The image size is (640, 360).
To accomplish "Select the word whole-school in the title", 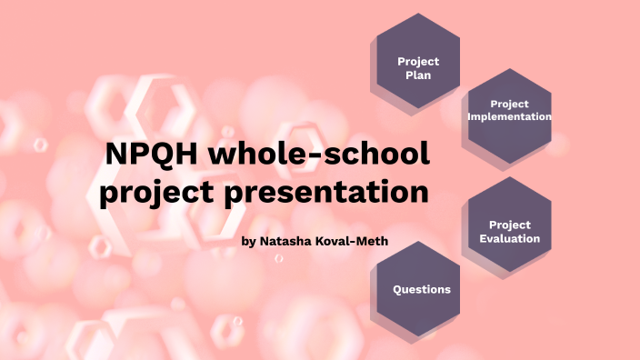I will point(319,155).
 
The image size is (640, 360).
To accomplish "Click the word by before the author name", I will point(250,242).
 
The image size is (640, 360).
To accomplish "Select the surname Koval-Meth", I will point(344,242).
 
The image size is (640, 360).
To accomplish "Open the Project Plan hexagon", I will point(418,68).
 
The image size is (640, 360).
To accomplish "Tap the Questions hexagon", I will point(421,290).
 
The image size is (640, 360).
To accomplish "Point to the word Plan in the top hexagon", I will point(418,75).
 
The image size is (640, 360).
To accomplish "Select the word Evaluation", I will point(510,238).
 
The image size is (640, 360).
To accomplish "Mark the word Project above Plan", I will point(418,61).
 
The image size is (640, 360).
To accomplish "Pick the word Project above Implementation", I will point(510,104).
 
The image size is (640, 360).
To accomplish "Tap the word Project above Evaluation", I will point(510,225).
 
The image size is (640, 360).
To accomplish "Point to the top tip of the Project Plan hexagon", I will point(418,13).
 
